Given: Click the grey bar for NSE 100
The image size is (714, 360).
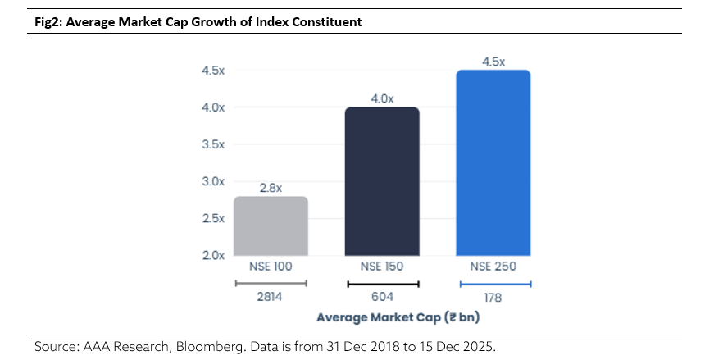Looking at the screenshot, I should click(x=271, y=226).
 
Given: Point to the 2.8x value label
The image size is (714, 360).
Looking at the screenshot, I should click(x=271, y=188).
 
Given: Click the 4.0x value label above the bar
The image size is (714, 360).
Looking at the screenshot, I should click(x=383, y=98).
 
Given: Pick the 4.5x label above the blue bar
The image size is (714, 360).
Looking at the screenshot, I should click(x=493, y=62).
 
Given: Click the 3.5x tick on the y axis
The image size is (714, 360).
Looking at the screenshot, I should click(x=213, y=144).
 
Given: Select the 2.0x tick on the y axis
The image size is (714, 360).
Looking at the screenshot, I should click(x=213, y=255).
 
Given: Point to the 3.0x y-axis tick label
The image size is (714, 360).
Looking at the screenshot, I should click(x=213, y=181).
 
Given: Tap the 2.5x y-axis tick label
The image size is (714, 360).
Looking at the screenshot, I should click(x=213, y=218).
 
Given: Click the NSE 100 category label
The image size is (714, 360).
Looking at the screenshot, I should click(x=271, y=267).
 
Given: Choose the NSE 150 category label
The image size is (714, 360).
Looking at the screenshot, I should click(x=383, y=267).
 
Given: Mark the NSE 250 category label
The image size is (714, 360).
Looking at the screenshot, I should click(x=494, y=267).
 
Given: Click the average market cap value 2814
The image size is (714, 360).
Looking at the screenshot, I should click(x=271, y=298).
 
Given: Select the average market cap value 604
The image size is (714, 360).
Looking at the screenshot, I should click(x=383, y=298).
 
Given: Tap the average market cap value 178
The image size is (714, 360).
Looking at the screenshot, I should click(x=494, y=298).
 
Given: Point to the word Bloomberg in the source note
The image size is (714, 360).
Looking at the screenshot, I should click(x=207, y=347).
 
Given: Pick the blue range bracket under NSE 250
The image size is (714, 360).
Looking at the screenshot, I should click(x=494, y=284).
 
